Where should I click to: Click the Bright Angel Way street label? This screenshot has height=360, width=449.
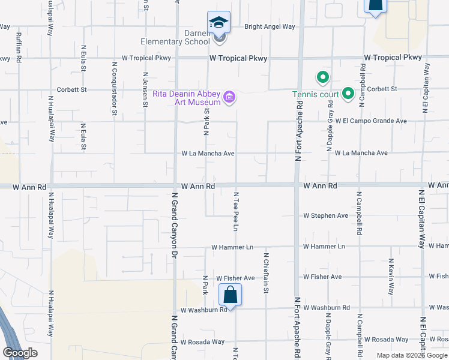[x=270, y=26]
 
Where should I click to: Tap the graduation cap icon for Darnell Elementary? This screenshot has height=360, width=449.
[x=218, y=23]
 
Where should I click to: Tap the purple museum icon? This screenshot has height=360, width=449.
[x=229, y=97]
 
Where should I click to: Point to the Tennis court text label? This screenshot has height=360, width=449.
[x=315, y=94]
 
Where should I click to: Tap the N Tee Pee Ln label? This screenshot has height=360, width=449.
[x=236, y=212]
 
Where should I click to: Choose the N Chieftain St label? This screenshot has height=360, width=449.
[x=265, y=273]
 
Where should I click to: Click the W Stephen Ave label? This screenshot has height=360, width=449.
[x=325, y=215]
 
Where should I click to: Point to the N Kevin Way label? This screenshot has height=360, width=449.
[x=390, y=277]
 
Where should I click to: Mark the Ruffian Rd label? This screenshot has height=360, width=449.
[x=19, y=47]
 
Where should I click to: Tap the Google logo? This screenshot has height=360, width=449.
[x=20, y=353]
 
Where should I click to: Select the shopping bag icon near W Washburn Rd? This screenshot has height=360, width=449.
[x=230, y=295]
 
